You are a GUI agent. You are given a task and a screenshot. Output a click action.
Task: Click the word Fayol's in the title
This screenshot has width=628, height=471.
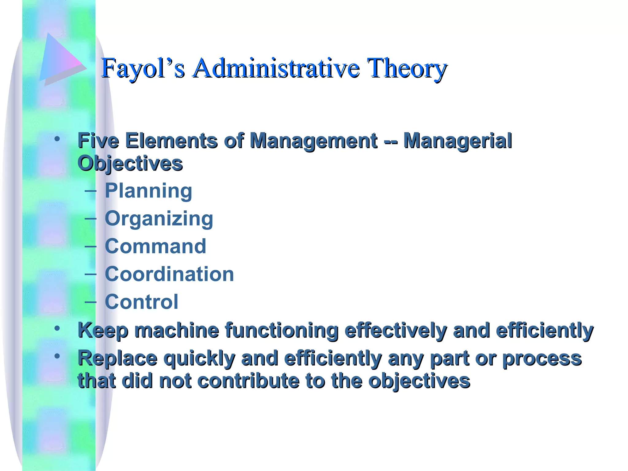click(143, 68)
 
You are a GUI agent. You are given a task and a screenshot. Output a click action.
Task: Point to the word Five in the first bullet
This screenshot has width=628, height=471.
click(98, 141)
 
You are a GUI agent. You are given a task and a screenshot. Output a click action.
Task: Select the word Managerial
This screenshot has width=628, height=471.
click(458, 141)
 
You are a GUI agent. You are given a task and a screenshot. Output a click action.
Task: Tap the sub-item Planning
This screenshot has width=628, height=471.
click(148, 191)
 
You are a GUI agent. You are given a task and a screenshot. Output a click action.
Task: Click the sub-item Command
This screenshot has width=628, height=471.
click(155, 246)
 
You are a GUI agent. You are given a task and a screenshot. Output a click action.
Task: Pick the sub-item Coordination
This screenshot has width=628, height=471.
click(169, 274)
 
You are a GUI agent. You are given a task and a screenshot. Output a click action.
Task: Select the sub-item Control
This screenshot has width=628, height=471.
click(141, 302)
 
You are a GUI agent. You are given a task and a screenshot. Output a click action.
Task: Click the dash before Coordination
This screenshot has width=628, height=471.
click(90, 273)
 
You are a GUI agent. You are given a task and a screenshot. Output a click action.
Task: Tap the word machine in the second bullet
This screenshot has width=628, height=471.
click(177, 330)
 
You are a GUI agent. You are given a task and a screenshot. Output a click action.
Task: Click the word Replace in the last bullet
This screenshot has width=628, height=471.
click(117, 358)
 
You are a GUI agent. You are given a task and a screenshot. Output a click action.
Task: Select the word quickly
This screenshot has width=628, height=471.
click(199, 359)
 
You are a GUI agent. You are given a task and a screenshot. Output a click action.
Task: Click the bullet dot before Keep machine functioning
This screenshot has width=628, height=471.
click(57, 328)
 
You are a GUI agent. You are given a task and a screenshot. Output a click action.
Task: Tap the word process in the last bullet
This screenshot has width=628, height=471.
click(542, 359)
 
